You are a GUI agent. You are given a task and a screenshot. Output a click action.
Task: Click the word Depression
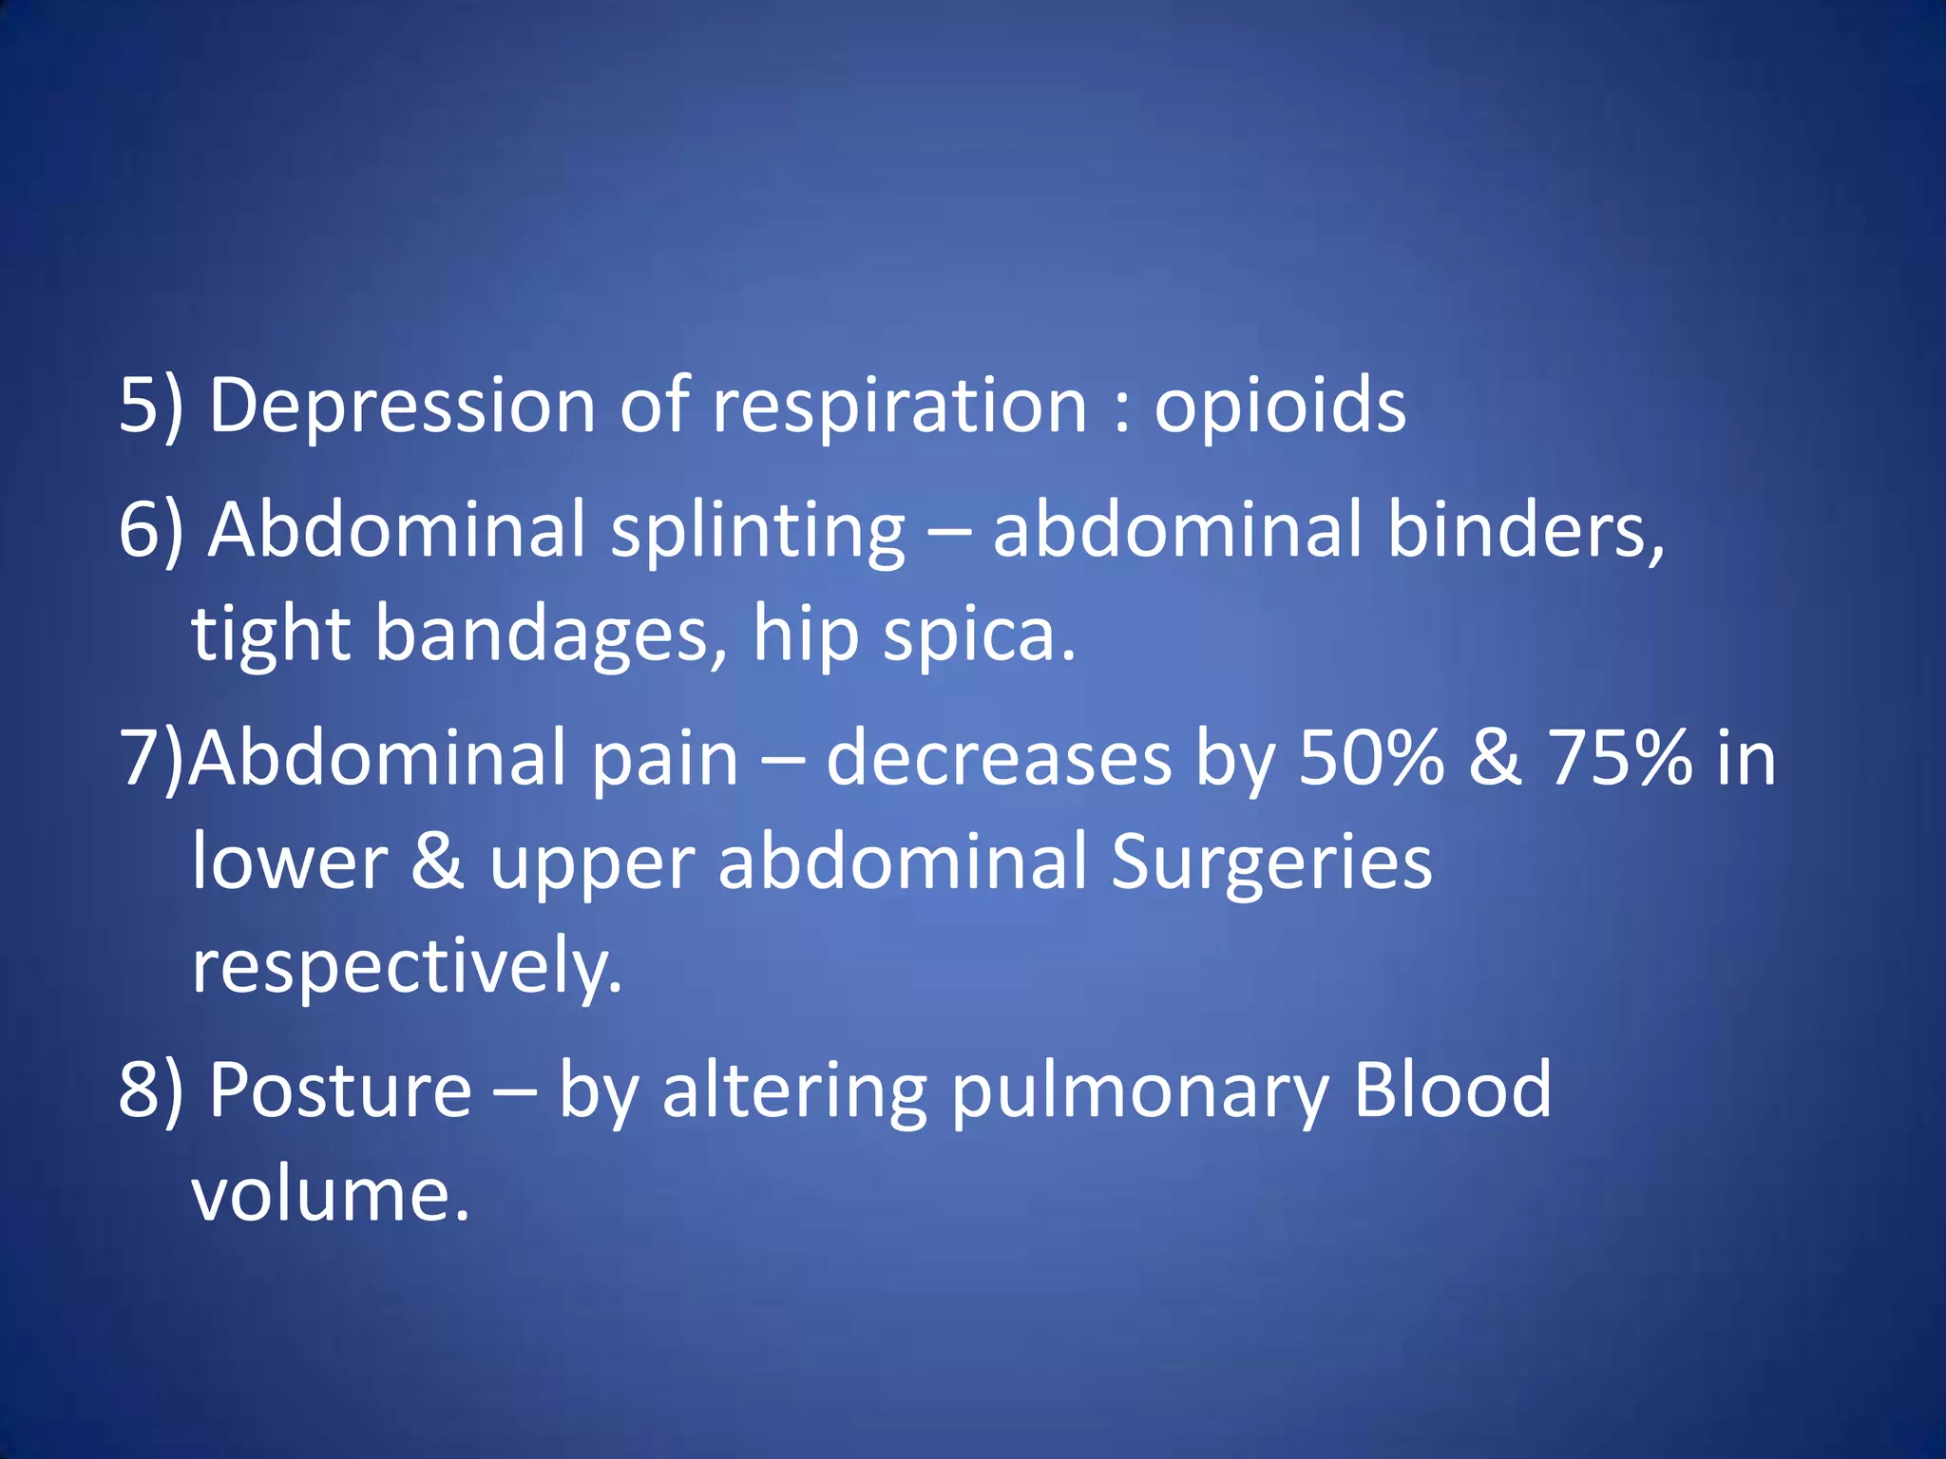[x=401, y=406]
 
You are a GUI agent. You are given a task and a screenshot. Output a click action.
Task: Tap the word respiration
[x=899, y=406]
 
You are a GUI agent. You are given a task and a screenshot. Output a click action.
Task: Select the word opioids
[x=1279, y=406]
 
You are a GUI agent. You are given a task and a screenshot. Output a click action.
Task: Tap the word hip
[x=806, y=634]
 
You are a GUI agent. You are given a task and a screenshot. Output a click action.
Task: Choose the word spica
[x=979, y=634]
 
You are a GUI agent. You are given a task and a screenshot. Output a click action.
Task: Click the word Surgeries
[x=1271, y=862]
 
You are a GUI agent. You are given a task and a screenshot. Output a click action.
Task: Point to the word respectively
[x=407, y=966]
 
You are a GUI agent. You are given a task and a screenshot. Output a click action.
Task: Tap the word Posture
[x=340, y=1090]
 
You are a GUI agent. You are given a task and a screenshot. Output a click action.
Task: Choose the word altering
[x=794, y=1090]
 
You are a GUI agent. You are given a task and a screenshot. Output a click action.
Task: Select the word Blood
[x=1452, y=1090]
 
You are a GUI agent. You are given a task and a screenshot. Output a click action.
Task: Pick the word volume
[x=331, y=1193]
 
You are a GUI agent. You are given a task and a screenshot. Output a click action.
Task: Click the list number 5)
[x=150, y=406]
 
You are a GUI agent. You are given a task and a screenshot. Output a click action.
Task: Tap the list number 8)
[x=150, y=1090]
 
